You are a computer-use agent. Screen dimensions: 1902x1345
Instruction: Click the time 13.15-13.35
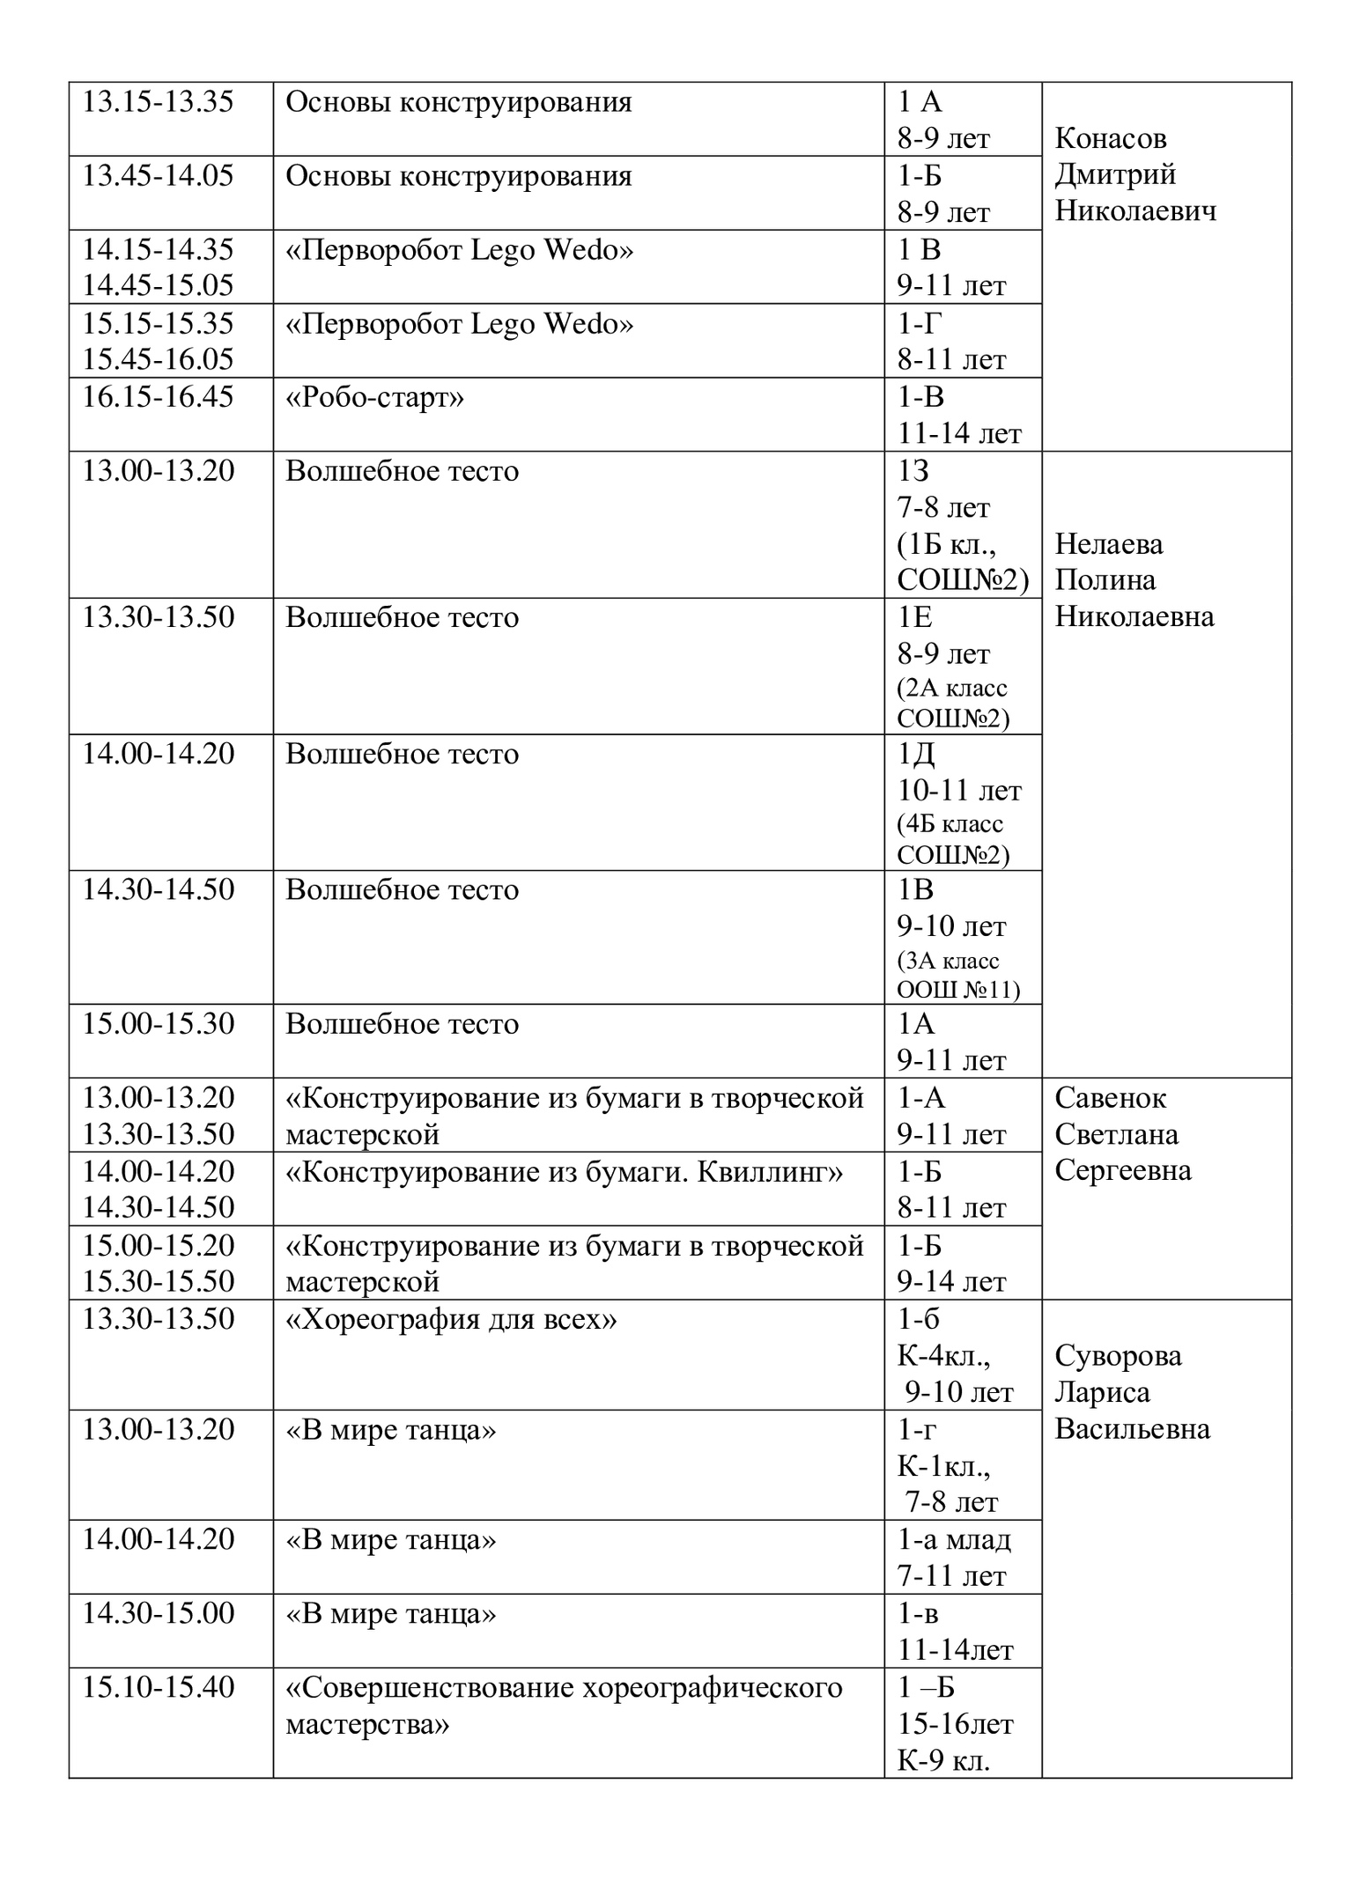[x=159, y=102]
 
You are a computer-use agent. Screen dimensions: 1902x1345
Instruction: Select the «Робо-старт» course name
[x=375, y=398]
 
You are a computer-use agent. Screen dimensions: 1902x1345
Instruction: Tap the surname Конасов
[x=1111, y=138]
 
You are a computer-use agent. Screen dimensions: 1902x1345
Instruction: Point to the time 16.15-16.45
[x=159, y=397]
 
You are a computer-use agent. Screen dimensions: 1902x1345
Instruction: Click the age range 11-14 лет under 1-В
[x=959, y=434]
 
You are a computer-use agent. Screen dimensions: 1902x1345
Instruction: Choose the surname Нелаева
[x=1109, y=544]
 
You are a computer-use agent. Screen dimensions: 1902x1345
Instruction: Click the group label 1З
[x=913, y=472]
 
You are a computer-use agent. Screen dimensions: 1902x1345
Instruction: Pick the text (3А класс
[x=948, y=960]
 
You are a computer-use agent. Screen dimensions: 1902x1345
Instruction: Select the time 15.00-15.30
[x=159, y=1024]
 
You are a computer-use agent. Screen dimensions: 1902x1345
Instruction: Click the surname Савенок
[x=1110, y=1098]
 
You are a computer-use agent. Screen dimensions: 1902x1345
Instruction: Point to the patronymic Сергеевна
[x=1123, y=1170]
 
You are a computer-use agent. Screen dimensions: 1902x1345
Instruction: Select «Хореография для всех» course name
[x=451, y=1319]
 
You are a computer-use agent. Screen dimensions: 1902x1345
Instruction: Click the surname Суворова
[x=1119, y=1356]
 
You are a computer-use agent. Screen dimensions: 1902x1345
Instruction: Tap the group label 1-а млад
[x=954, y=1539]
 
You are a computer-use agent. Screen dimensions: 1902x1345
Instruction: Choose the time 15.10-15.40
[x=159, y=1687]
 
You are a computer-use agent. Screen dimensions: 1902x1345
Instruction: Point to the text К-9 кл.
[x=943, y=1760]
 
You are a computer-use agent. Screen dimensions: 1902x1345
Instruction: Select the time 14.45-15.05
[x=159, y=285]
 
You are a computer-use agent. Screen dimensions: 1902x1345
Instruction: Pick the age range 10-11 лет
[x=959, y=791]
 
